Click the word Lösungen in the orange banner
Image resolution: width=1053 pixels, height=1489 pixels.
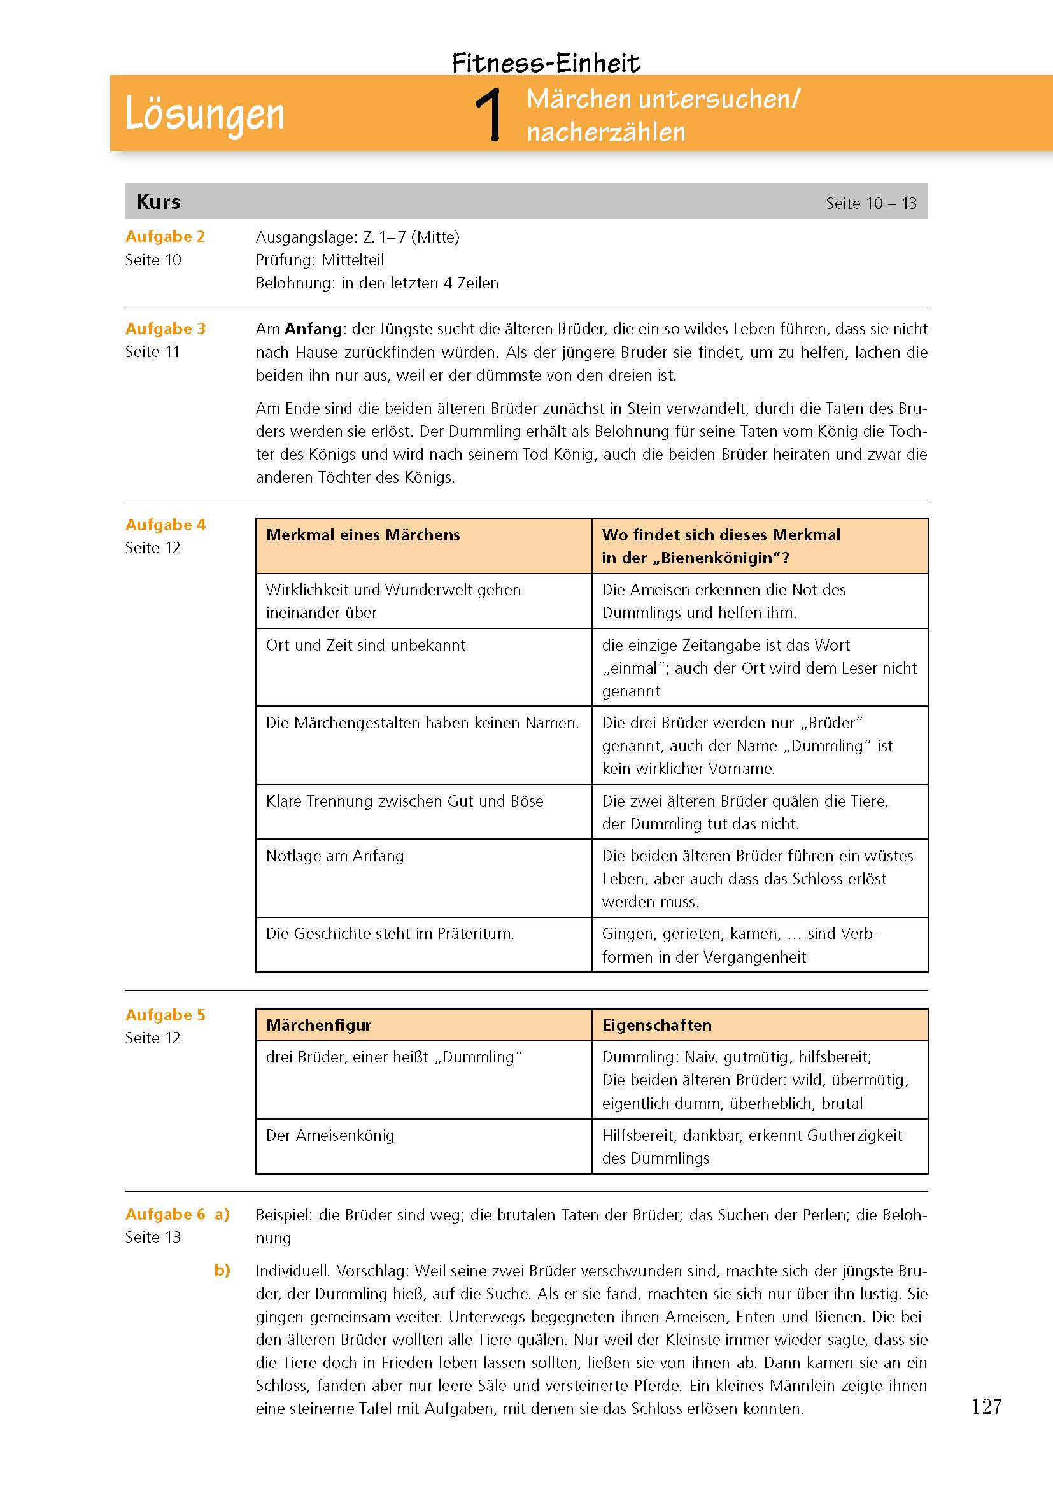click(204, 115)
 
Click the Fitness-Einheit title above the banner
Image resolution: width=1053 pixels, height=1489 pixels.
click(546, 63)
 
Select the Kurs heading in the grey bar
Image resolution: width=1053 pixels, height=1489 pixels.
click(159, 202)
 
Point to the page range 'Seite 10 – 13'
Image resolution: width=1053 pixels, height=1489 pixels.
click(871, 203)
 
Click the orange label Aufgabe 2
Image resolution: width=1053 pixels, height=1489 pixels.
click(165, 237)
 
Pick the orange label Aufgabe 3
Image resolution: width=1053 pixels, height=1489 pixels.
click(165, 328)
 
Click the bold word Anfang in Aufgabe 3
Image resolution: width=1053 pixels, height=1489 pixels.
click(313, 328)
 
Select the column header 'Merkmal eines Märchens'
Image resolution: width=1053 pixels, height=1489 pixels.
click(362, 535)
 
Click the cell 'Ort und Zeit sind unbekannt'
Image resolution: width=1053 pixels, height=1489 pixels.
click(365, 646)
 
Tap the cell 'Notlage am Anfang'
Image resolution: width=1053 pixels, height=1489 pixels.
click(335, 856)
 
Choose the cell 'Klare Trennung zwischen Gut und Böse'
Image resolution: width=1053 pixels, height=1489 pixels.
click(405, 801)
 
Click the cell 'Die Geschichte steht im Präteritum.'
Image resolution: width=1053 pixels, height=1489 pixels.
click(390, 934)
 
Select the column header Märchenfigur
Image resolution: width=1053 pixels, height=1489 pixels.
click(318, 1026)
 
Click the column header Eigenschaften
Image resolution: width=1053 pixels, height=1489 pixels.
click(656, 1026)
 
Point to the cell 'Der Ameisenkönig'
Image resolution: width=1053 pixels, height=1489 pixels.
click(330, 1136)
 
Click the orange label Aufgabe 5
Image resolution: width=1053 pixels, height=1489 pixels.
click(165, 1015)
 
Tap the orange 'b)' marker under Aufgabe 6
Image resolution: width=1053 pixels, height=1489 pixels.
click(222, 1271)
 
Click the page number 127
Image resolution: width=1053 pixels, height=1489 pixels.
click(986, 1407)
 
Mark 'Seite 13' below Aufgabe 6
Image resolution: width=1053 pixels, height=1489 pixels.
click(153, 1238)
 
